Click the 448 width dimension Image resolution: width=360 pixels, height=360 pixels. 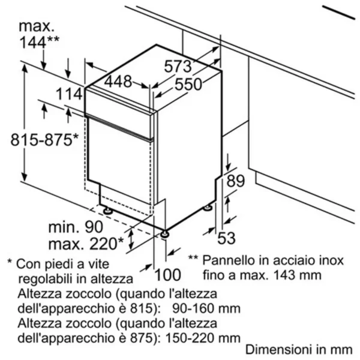coord(118,82)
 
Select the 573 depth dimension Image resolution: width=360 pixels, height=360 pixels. coord(178,67)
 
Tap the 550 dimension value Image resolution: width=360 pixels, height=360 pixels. coord(188,84)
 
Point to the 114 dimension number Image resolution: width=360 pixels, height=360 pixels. coord(69,94)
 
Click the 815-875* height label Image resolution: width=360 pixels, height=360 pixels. coord(44,140)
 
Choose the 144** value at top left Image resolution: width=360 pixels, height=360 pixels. coord(39,42)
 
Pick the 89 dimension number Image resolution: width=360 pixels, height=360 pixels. coord(236,181)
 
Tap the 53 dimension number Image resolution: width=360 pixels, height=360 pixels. coord(226,238)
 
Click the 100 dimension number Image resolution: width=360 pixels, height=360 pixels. coord(168,275)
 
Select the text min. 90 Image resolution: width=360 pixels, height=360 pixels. coord(76,227)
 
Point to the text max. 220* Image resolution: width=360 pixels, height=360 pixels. coord(86,244)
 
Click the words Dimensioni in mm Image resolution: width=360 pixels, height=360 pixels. coord(299,350)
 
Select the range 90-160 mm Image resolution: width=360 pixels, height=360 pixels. coord(206,308)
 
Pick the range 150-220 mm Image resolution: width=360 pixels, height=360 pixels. coord(203,338)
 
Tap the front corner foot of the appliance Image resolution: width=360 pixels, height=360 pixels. coord(165,234)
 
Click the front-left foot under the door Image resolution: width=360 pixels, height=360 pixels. coord(107,211)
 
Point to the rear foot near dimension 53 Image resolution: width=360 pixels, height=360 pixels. coord(208,208)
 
